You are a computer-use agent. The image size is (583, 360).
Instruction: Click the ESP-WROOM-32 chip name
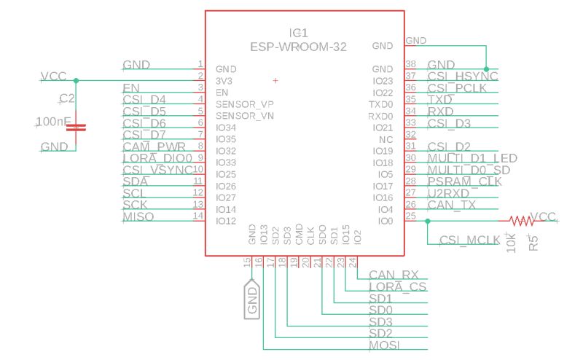[298, 46]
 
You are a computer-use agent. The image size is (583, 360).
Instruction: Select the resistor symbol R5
[520, 219]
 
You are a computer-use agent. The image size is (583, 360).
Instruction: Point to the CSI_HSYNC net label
[462, 77]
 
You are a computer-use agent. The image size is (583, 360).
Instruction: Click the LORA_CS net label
[397, 286]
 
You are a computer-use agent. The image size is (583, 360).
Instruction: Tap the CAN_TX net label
[451, 205]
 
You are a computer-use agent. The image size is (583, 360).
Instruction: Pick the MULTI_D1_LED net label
[472, 158]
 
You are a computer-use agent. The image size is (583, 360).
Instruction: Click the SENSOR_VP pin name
[245, 104]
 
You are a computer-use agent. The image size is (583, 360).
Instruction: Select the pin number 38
[410, 65]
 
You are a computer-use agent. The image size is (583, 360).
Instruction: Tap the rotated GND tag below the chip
[252, 300]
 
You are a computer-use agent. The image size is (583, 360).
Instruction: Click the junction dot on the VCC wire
[76, 80]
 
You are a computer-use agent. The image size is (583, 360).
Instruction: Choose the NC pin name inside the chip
[386, 139]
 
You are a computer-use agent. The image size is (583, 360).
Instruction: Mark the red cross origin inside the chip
[275, 79]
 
